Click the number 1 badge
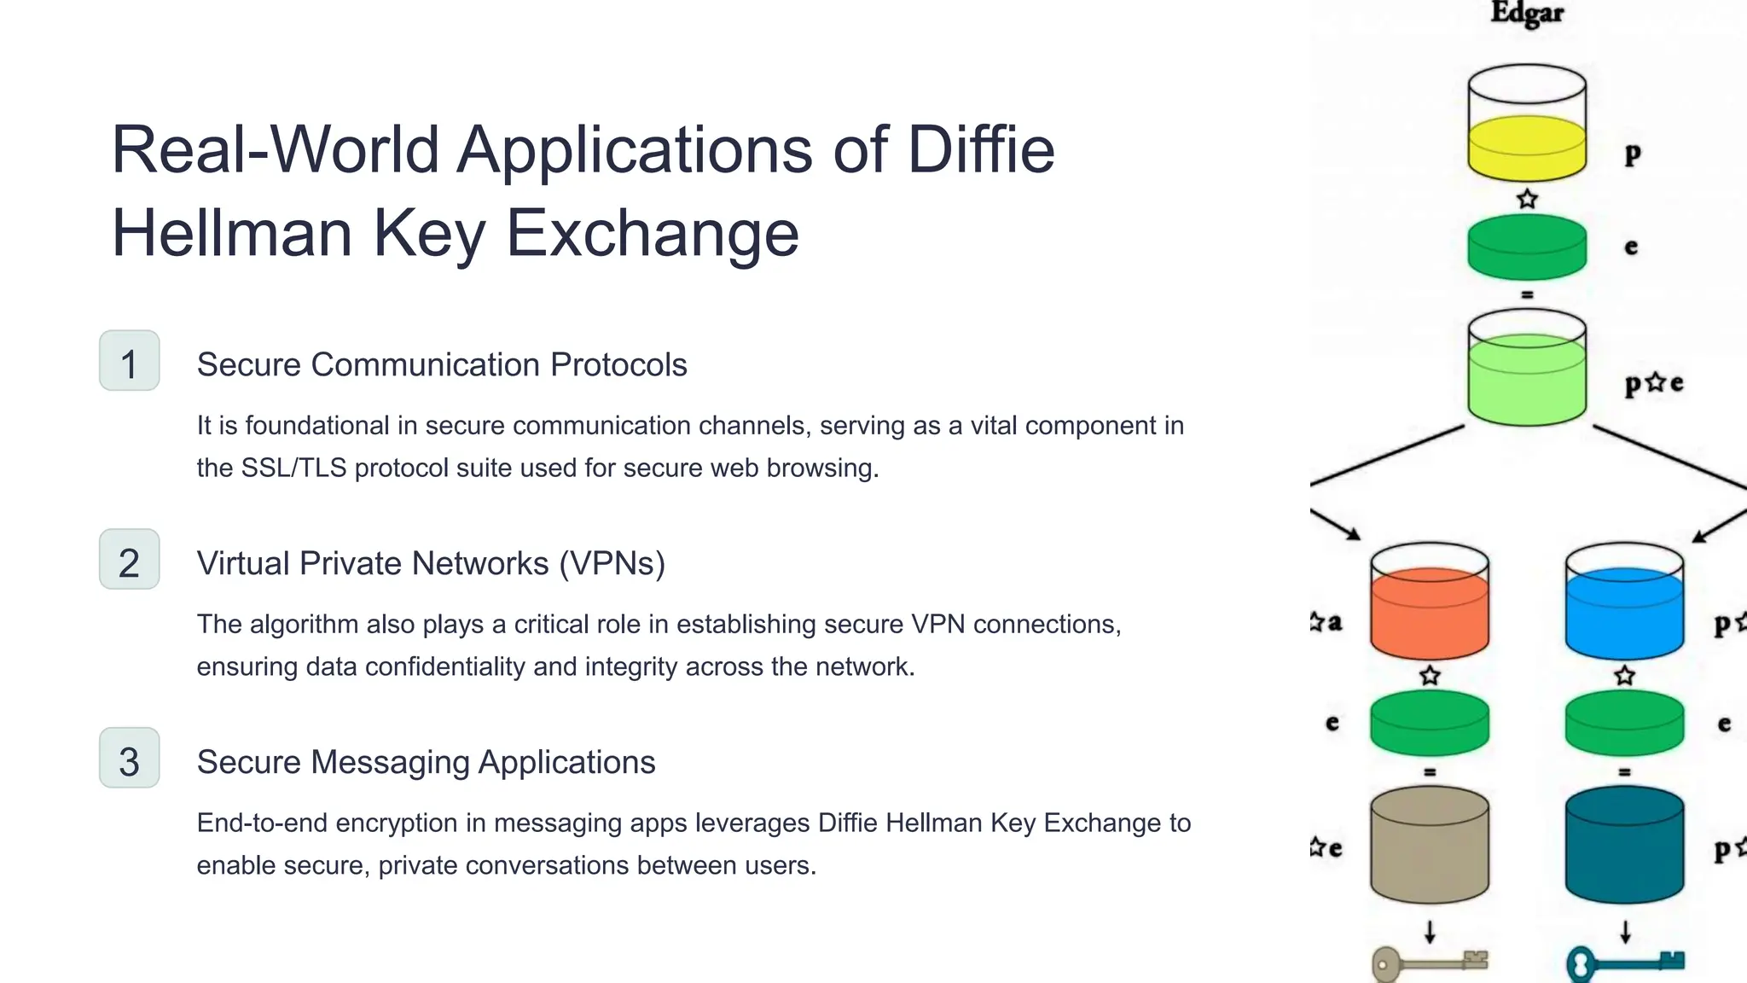pyautogui.click(x=129, y=361)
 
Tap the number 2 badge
pyautogui.click(x=129, y=560)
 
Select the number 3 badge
pyautogui.click(x=129, y=759)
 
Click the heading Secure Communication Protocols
pyautogui.click(x=441, y=364)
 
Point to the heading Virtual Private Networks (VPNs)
pyautogui.click(x=431, y=563)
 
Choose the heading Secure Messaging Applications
pyautogui.click(x=426, y=762)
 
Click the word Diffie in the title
pyautogui.click(x=980, y=149)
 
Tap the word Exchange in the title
pyautogui.click(x=653, y=233)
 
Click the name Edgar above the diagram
pyautogui.click(x=1527, y=14)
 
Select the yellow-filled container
pyautogui.click(x=1527, y=145)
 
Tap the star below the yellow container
pyautogui.click(x=1527, y=200)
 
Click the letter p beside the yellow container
pyautogui.click(x=1632, y=154)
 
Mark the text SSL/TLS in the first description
pyautogui.click(x=293, y=468)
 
